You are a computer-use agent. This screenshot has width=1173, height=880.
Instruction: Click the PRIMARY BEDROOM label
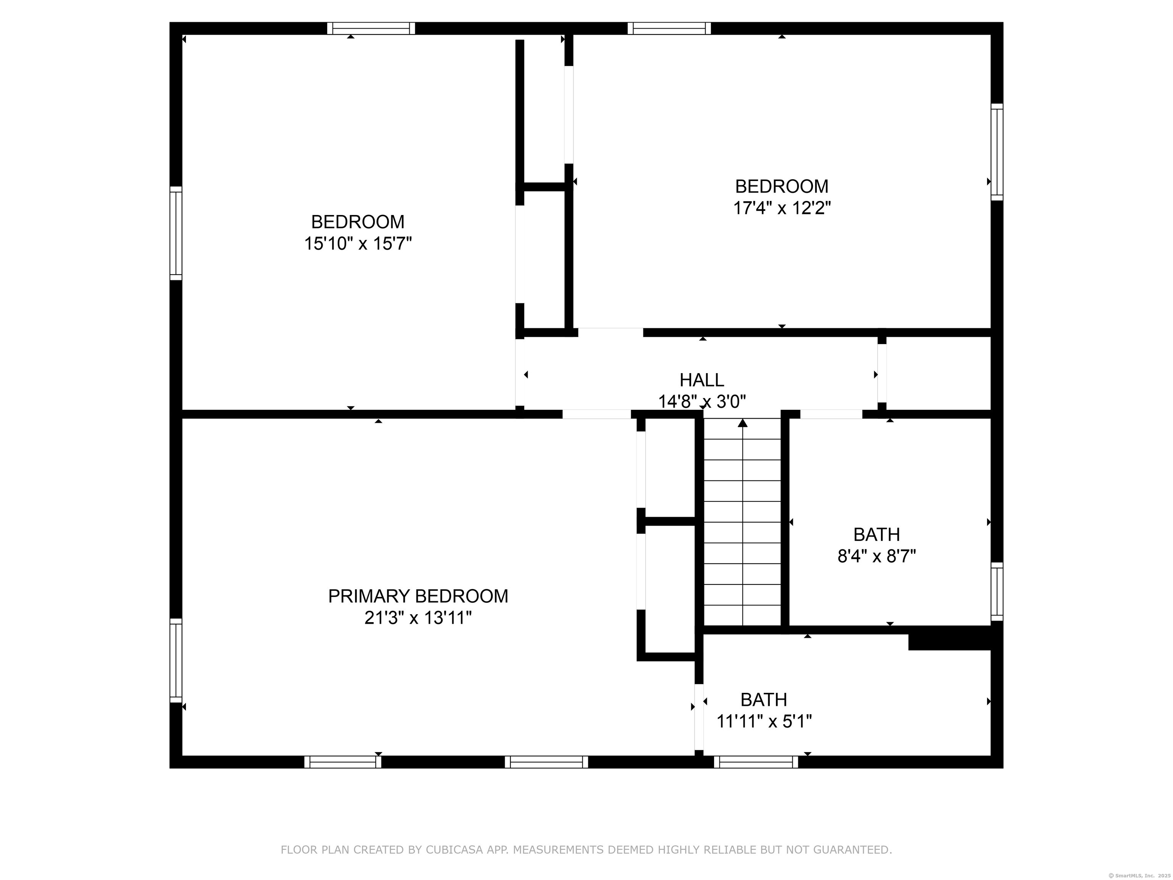(418, 596)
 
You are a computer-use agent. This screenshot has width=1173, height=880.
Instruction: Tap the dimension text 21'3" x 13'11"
(418, 618)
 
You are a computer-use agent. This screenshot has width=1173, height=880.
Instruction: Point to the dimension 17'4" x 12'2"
(782, 208)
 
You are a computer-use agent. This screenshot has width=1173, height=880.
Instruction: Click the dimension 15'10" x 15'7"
(358, 243)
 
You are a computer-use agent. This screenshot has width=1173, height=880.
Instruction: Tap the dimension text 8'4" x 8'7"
(877, 556)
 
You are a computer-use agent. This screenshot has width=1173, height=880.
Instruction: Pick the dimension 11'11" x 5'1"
(764, 721)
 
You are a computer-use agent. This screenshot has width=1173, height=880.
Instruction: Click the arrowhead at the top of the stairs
(742, 423)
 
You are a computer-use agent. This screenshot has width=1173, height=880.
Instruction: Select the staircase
(742, 522)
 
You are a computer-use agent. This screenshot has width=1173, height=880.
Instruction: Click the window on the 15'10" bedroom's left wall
(176, 233)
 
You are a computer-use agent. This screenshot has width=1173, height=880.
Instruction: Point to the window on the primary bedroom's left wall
(176, 660)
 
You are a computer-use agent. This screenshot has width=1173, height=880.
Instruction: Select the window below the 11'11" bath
(756, 762)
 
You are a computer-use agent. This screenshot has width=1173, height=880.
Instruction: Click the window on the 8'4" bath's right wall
(997, 591)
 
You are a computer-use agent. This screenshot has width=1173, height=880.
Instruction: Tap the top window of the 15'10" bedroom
(371, 28)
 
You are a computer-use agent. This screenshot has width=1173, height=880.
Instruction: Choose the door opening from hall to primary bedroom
(596, 414)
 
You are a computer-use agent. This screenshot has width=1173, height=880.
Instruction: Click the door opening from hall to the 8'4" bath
(831, 414)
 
